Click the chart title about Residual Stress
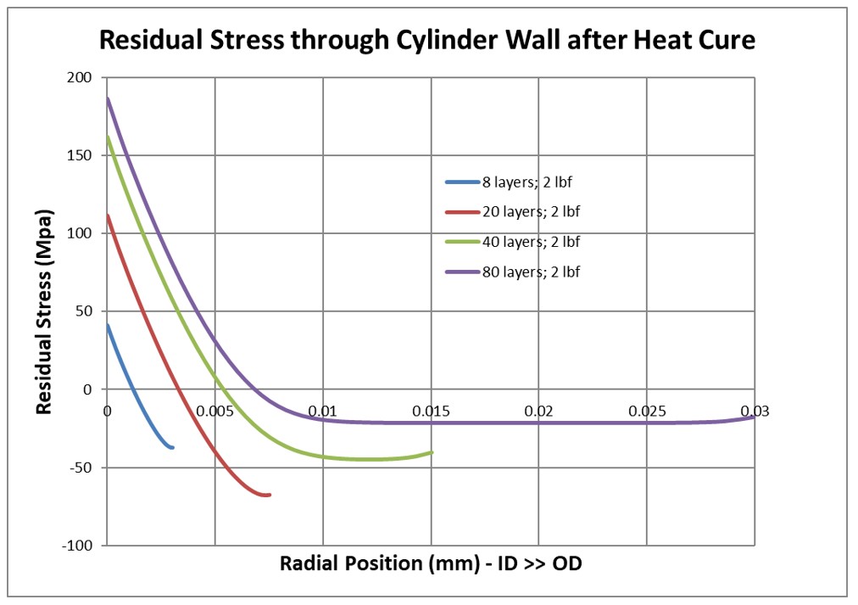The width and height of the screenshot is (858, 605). (x=427, y=39)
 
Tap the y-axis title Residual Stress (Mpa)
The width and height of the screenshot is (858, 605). (x=45, y=311)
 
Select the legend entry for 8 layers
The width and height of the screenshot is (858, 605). (x=512, y=182)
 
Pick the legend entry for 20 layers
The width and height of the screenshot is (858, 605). (x=512, y=211)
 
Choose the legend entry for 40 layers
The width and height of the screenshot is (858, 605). (x=512, y=242)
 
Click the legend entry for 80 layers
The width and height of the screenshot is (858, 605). (x=512, y=272)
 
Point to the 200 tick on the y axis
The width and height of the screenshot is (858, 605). (x=81, y=78)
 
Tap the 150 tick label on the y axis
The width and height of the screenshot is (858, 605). (x=81, y=156)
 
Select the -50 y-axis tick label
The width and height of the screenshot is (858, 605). (x=81, y=468)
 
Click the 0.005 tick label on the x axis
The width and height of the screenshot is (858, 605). (x=214, y=412)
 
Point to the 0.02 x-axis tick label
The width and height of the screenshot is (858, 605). (x=539, y=412)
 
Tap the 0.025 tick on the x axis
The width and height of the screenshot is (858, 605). (x=647, y=412)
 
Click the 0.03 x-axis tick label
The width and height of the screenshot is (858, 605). (x=754, y=412)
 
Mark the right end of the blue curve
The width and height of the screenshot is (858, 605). (x=173, y=447)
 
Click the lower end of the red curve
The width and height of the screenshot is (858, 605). (x=269, y=495)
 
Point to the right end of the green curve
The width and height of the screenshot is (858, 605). (x=432, y=452)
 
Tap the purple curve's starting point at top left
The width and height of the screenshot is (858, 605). (x=108, y=98)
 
